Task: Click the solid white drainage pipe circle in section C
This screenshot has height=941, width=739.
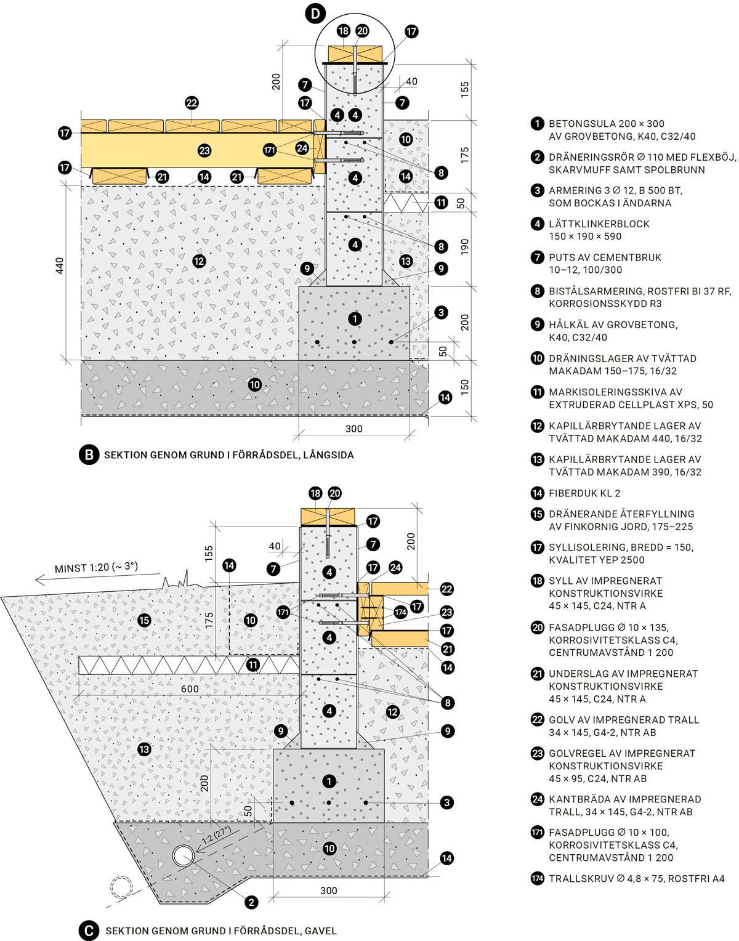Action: point(184,855)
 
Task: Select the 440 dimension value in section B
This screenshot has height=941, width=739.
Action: point(60,266)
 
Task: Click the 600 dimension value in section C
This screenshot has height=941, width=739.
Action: point(190,689)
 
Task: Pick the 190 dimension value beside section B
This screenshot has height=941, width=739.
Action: point(465,246)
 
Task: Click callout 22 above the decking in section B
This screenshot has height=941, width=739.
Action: point(192,103)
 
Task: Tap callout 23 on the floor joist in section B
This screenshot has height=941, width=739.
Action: point(204,150)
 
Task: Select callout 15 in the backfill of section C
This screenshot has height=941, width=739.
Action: point(144,620)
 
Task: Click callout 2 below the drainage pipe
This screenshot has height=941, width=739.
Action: point(251,902)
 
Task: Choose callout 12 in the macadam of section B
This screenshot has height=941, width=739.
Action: point(198,260)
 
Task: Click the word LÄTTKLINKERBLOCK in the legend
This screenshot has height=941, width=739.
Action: point(599,224)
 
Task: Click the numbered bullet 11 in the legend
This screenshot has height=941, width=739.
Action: point(537,392)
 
